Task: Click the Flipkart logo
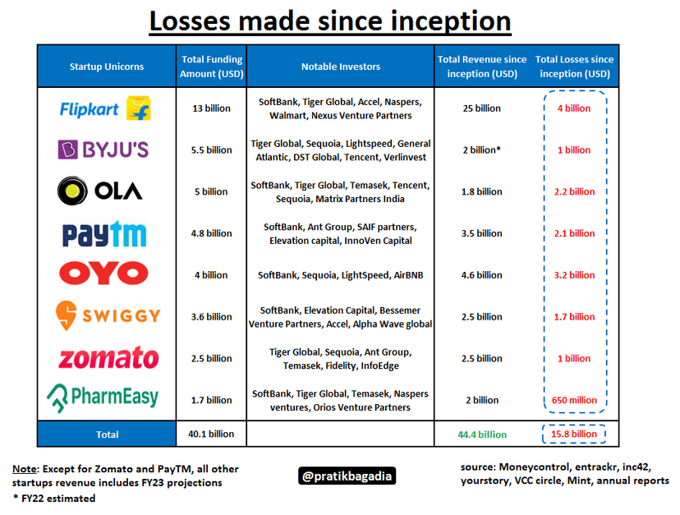tap(106, 108)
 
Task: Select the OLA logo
tap(100, 191)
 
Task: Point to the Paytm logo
tap(104, 233)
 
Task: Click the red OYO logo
tap(103, 274)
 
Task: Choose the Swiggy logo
tap(107, 316)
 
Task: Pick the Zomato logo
tap(108, 358)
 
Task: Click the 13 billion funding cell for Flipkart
tap(212, 108)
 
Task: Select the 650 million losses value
tap(574, 400)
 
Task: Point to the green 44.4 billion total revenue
tap(481, 435)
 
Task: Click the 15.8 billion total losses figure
tap(574, 435)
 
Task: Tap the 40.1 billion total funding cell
tap(212, 435)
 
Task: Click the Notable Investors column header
tap(341, 67)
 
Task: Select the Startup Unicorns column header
tap(107, 67)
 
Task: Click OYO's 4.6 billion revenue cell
tap(481, 275)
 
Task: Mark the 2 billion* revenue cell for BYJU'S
tap(481, 150)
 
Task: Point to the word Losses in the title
tap(191, 21)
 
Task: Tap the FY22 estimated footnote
tap(53, 498)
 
